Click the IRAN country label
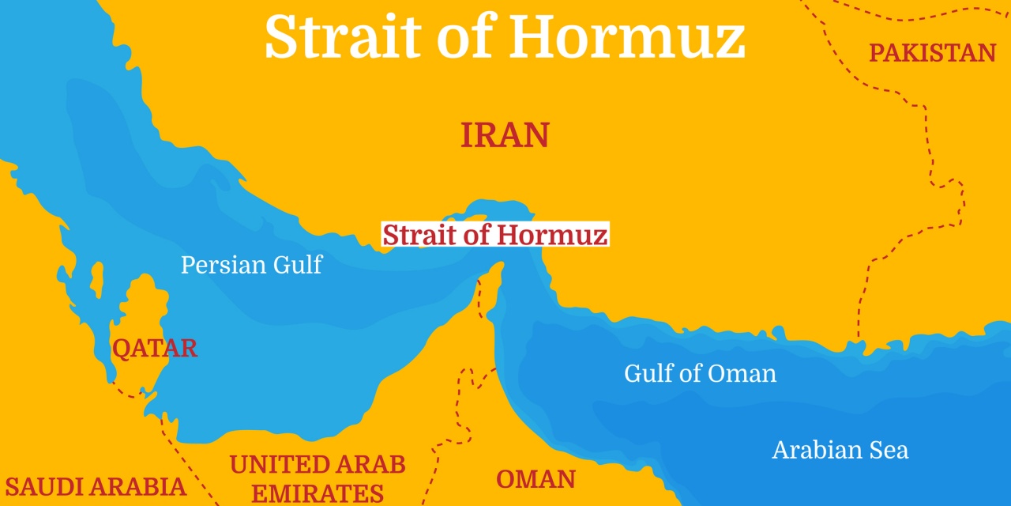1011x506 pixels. coord(505,135)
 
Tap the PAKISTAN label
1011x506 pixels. coord(932,53)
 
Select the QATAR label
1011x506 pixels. coord(155,348)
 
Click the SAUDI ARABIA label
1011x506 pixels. coord(95,486)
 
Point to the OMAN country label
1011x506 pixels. coord(536,478)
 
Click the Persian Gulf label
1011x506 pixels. coord(251,264)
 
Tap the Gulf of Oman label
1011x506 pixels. coord(700,373)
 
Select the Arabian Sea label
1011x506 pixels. coord(840,450)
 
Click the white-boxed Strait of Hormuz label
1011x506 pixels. coord(495,235)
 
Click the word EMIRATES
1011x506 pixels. coord(318,493)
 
